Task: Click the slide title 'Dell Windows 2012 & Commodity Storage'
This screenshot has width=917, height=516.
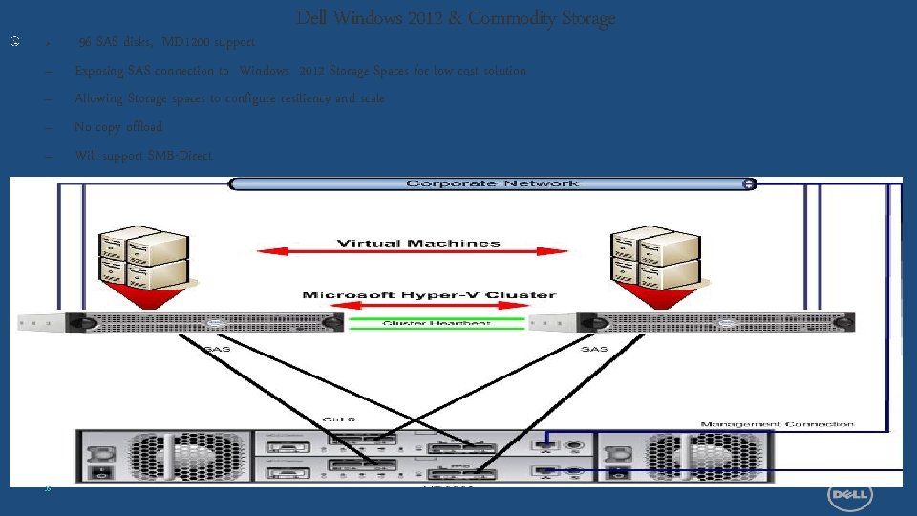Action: [x=456, y=18]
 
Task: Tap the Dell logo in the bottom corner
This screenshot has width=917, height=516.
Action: [x=846, y=494]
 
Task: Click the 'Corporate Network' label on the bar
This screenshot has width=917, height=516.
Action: [x=492, y=183]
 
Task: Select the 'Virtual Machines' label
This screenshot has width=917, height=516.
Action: [x=418, y=243]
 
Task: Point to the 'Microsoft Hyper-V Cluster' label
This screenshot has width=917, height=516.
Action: [x=429, y=295]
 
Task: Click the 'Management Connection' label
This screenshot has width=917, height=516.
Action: [x=778, y=423]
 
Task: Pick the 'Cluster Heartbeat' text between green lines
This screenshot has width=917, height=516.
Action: [x=437, y=323]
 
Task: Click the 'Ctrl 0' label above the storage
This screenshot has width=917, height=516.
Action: [x=339, y=419]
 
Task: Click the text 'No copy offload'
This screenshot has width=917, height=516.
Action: [x=118, y=127]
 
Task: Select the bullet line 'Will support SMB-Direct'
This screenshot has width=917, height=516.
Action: [x=143, y=155]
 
